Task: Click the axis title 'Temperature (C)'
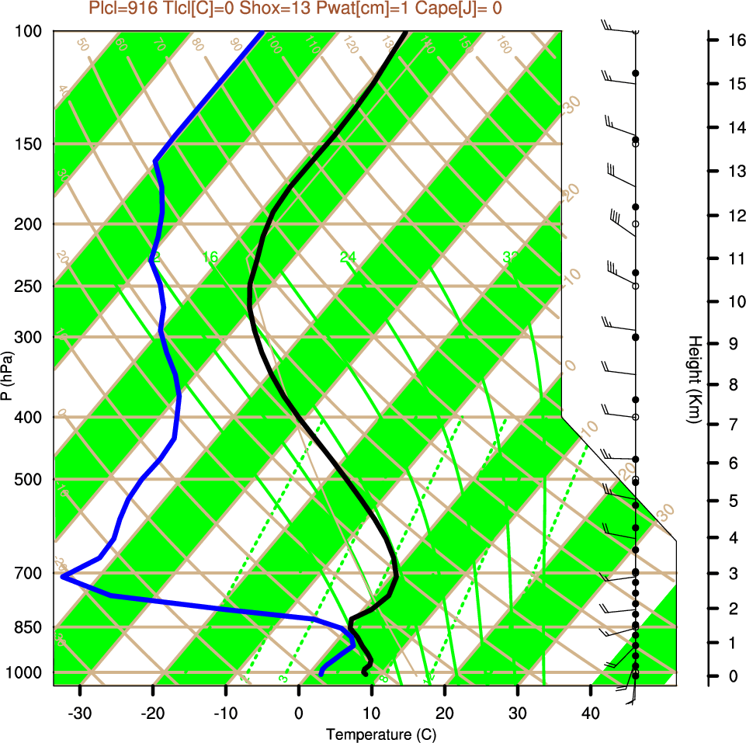[x=374, y=734]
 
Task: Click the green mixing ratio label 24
[x=348, y=256]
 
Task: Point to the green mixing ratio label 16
[x=210, y=256]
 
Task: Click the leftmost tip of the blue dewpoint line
[x=62, y=577]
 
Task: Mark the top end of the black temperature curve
[x=405, y=33]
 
